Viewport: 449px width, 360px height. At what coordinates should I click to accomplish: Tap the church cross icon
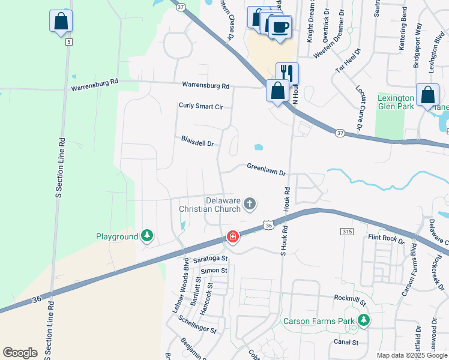pos(250,205)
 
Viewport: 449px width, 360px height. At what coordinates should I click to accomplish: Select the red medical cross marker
pos(232,238)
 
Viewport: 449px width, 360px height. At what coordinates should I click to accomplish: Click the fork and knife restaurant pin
pos(287,74)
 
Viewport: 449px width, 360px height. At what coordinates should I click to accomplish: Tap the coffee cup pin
pos(280,27)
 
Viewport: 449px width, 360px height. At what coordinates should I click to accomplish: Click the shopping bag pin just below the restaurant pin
pos(277,92)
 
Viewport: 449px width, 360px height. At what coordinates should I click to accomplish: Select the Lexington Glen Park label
pos(396,102)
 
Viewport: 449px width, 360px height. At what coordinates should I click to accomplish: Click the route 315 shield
pos(346,232)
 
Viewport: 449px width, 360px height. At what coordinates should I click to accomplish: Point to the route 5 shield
pos(69,41)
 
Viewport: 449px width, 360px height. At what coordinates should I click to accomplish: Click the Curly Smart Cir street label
pos(201,106)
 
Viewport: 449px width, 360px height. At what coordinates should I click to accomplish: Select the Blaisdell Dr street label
pos(198,141)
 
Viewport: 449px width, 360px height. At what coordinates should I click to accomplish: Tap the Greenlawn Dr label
pos(266,169)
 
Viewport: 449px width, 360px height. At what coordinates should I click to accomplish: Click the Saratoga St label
pos(211,259)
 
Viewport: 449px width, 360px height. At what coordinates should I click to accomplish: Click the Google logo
pos(20,352)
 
